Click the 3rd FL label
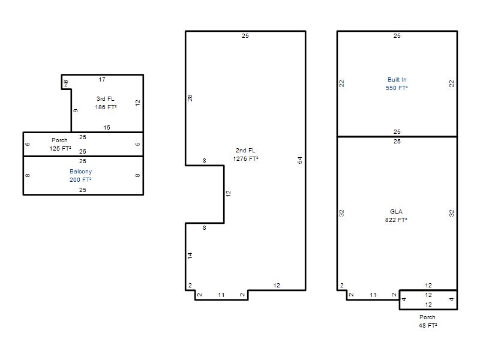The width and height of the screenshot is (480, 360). pos(106,99)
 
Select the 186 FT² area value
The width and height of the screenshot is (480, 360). pos(106,107)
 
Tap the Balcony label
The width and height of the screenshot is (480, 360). pos(80,172)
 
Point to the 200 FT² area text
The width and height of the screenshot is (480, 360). pos(80,179)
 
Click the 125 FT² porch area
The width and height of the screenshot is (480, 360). pos(61,148)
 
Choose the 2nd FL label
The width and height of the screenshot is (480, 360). pos(245,151)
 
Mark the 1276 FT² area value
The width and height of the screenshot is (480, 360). pos(245,158)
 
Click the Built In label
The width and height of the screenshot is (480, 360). pos(397,80)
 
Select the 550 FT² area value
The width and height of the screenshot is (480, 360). pos(397,88)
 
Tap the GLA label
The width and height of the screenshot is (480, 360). pos(396,212)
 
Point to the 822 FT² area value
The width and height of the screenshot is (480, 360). pos(396,220)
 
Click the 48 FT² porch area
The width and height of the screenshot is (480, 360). pos(428,325)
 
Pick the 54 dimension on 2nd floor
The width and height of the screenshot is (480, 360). pos(299,160)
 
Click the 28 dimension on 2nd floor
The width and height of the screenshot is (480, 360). pos(190,98)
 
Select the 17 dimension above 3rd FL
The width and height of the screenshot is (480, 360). pos(102,80)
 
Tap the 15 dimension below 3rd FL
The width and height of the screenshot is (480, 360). pos(107,128)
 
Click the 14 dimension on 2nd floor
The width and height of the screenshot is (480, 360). pos(190,256)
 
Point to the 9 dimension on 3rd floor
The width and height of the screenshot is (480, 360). pos(76,110)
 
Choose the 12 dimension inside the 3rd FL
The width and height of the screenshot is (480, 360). pos(137,103)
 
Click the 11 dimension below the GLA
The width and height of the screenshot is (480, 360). pos(373,295)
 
